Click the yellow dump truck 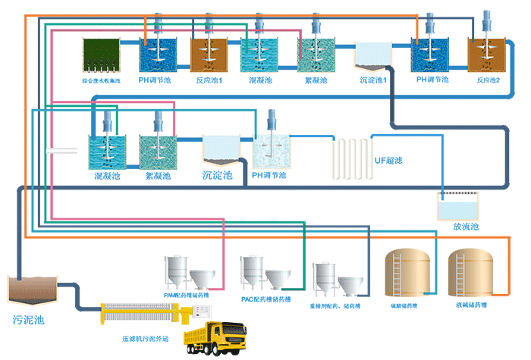(x=214, y=337)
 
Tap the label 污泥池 (x=29, y=320)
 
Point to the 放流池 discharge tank (x=457, y=207)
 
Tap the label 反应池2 (x=489, y=80)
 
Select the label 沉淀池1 (x=374, y=80)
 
